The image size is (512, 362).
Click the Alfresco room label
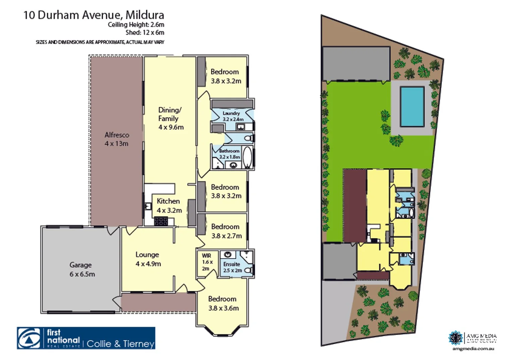click(x=116, y=139)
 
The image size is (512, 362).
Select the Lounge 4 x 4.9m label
click(x=148, y=259)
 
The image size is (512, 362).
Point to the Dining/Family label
click(x=170, y=118)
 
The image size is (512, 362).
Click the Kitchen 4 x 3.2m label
click(x=169, y=205)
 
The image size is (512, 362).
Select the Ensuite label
click(x=232, y=267)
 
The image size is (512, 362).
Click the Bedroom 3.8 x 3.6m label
click(x=223, y=303)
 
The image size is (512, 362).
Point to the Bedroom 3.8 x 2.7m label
click(x=226, y=231)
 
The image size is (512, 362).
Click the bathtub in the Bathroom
click(x=247, y=157)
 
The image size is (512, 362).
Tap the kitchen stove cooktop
click(x=161, y=221)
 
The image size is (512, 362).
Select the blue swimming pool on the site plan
click(x=412, y=106)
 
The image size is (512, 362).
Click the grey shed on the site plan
click(x=356, y=64)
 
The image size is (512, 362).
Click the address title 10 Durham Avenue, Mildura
click(x=94, y=15)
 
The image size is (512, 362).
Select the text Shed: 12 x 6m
click(x=145, y=33)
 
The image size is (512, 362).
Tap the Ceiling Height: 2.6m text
click(x=136, y=24)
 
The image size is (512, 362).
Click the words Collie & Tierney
click(x=120, y=344)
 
